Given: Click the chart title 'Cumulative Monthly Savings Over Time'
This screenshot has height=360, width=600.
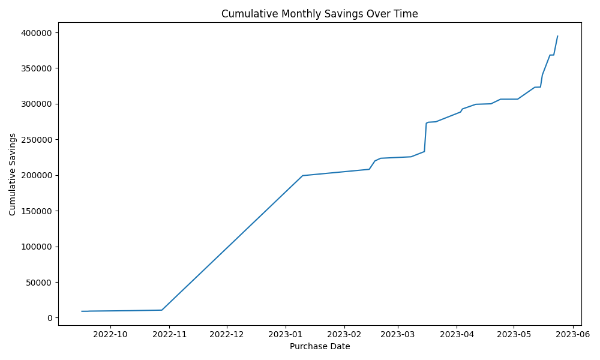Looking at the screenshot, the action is (320, 14).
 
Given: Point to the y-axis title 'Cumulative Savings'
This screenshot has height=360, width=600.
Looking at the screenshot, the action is (12, 175).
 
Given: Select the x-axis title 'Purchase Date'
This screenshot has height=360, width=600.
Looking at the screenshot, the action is (320, 347).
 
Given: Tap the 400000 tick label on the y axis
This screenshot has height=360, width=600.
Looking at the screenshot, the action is (37, 33).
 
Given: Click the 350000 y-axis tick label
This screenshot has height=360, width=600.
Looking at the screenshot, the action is (37, 68).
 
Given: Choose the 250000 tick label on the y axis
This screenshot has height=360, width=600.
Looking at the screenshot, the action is (37, 140).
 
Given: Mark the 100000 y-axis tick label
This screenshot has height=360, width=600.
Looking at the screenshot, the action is (37, 247).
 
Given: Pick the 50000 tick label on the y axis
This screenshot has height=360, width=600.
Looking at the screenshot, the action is (39, 283).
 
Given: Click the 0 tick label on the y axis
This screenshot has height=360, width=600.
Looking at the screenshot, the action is (50, 318).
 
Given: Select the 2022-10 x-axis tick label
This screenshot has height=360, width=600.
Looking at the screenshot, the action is (110, 334).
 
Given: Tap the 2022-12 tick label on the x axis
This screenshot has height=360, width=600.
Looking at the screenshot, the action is (227, 334).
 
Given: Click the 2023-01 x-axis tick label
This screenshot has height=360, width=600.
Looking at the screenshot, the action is (286, 334).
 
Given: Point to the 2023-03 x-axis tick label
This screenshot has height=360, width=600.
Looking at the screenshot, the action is (398, 334).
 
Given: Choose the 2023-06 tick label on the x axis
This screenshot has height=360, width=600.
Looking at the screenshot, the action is (573, 334).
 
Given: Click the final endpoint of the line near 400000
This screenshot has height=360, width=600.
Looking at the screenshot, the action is (557, 36).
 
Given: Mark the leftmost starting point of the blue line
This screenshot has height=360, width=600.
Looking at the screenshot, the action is (82, 311).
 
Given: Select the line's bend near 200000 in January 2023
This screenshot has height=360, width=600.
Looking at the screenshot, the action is (302, 176).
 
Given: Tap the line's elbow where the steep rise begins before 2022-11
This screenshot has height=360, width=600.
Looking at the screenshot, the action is (161, 310).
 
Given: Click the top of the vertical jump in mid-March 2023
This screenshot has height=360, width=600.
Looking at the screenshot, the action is (426, 123).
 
